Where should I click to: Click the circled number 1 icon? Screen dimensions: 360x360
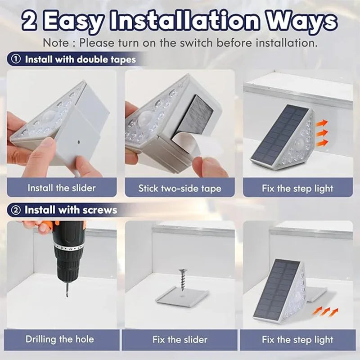[x=16, y=59]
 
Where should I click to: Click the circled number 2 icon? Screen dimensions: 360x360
[x=16, y=210]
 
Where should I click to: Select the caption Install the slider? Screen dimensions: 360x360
[x=62, y=188]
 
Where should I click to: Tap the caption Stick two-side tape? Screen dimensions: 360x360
[x=180, y=189]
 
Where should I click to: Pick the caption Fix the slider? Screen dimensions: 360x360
[x=180, y=339]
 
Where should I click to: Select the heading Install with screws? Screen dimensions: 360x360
[x=71, y=210]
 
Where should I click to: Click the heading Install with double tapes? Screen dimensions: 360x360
[x=80, y=59]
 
